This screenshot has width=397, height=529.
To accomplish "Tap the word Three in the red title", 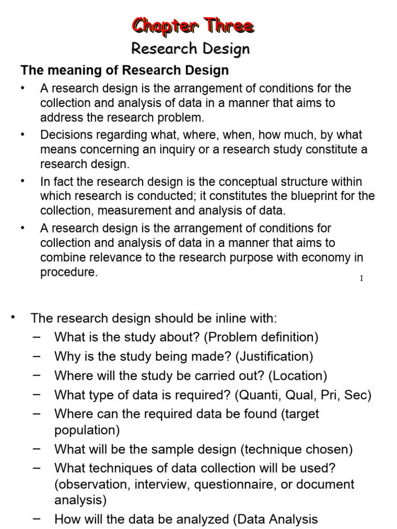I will click(x=228, y=26).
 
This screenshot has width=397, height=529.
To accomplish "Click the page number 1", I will click(x=362, y=278).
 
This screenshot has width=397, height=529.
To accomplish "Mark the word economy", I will click(x=325, y=257).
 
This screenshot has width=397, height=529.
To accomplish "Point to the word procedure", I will click(x=68, y=272).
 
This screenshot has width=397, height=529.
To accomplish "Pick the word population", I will click(x=86, y=430).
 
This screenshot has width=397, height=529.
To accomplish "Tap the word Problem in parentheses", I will click(x=229, y=337).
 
